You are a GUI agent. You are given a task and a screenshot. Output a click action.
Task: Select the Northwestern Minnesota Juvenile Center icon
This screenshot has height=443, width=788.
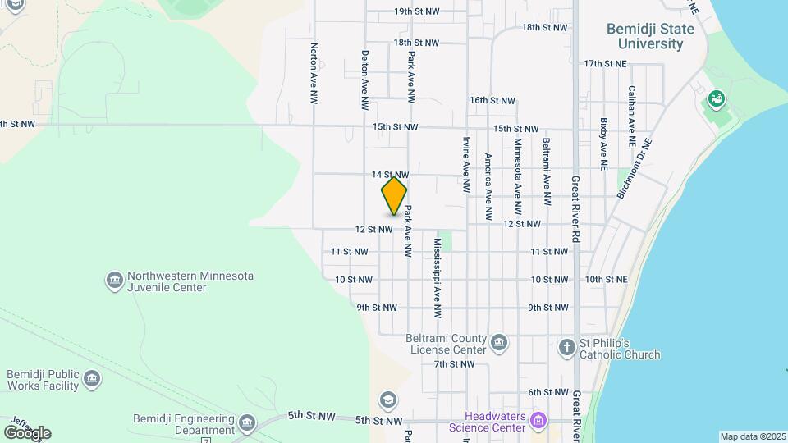[x=114, y=281]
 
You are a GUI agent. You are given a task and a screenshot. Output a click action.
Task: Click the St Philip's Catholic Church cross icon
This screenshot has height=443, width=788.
[x=566, y=347]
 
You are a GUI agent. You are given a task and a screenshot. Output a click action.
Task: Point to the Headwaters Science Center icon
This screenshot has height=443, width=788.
[x=538, y=422]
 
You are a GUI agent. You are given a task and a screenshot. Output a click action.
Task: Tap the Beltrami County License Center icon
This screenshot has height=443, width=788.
[x=498, y=341]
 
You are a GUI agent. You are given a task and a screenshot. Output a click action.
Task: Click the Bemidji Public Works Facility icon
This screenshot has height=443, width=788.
[x=92, y=379]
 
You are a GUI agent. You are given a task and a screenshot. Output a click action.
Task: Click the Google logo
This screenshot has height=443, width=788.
[x=27, y=433]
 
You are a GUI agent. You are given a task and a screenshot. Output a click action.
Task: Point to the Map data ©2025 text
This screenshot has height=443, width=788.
[x=753, y=436]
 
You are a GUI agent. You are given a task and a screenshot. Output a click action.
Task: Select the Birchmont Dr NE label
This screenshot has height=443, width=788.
[x=635, y=167]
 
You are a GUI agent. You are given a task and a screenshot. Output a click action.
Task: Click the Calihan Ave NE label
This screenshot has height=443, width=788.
[x=631, y=115]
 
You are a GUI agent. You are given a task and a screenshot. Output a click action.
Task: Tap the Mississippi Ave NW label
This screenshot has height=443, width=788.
[x=438, y=278]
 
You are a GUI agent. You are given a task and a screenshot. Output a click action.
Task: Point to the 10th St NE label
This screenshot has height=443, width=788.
[x=606, y=280]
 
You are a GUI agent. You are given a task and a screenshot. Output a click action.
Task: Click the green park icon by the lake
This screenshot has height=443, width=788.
[x=716, y=100]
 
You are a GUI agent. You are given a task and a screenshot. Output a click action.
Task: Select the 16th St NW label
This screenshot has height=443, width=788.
[x=492, y=101]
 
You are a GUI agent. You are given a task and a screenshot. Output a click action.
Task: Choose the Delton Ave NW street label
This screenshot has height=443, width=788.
[x=364, y=80]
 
